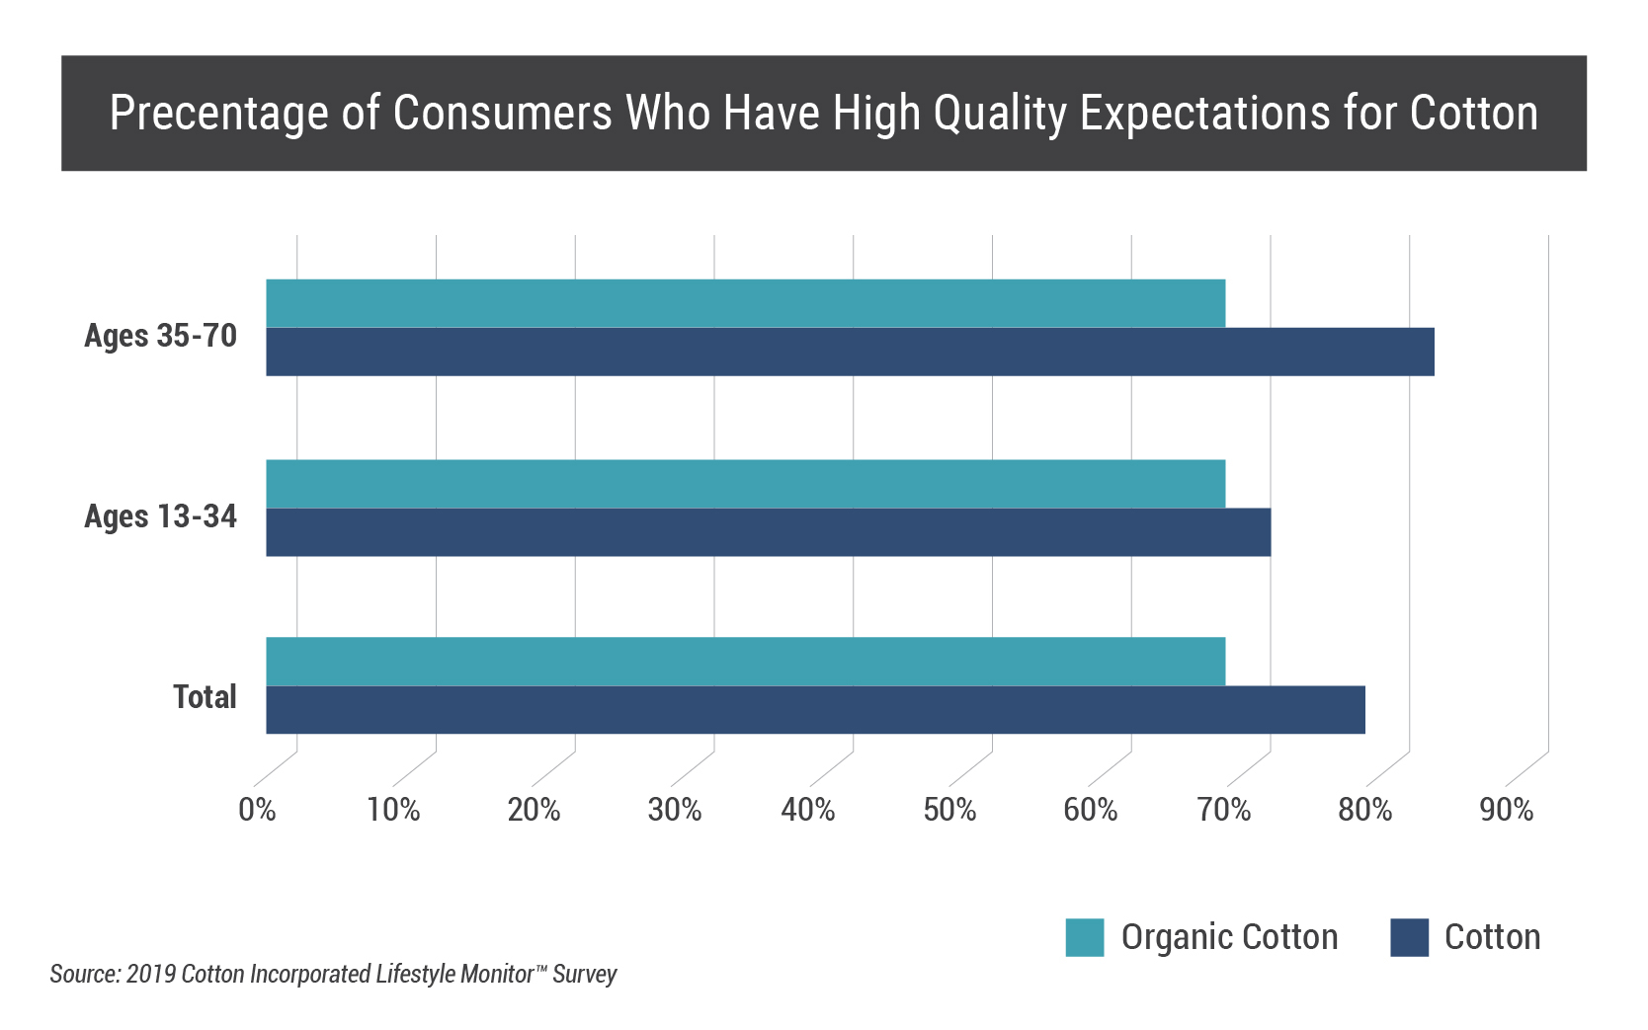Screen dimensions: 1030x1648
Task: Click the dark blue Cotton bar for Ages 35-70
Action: (850, 352)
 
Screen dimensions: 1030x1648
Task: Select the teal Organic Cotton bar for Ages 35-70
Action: (746, 303)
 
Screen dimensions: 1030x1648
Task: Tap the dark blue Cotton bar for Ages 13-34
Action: (768, 532)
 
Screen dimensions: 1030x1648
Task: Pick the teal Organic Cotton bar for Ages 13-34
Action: (746, 484)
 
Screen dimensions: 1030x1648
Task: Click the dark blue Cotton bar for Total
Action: (815, 710)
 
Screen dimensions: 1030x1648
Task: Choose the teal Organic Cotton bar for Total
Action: (746, 662)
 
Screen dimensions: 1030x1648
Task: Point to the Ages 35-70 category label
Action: (160, 336)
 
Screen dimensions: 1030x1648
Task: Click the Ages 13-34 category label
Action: (160, 516)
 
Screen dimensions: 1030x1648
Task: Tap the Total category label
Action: (205, 697)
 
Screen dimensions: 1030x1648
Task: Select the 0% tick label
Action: (257, 810)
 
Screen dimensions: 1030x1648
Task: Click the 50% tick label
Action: (949, 810)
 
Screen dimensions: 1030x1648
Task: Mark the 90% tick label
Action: (1506, 810)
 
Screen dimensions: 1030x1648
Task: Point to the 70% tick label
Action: (1224, 810)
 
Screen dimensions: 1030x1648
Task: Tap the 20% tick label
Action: (534, 810)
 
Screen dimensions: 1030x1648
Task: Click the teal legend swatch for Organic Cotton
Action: (1084, 937)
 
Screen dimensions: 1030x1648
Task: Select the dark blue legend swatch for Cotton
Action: (1409, 937)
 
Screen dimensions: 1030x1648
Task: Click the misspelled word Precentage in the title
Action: (217, 114)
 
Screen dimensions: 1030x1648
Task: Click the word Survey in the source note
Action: (585, 975)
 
